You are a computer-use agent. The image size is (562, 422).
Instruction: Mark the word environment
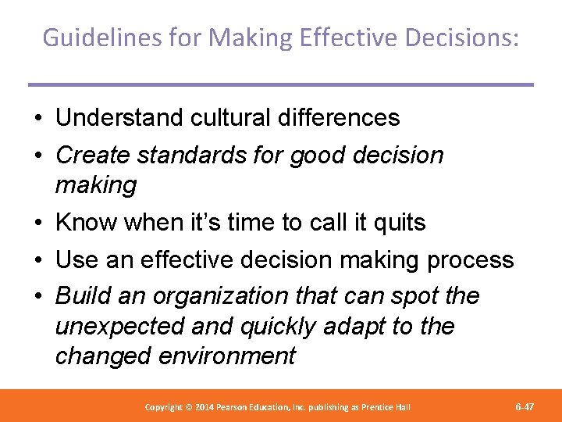point(227,356)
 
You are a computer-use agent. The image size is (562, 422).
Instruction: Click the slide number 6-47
point(525,407)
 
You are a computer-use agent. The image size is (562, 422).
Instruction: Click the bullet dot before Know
point(37,224)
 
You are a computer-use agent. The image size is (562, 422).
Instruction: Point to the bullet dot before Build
point(37,297)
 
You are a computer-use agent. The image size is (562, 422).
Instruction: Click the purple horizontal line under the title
point(280,84)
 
